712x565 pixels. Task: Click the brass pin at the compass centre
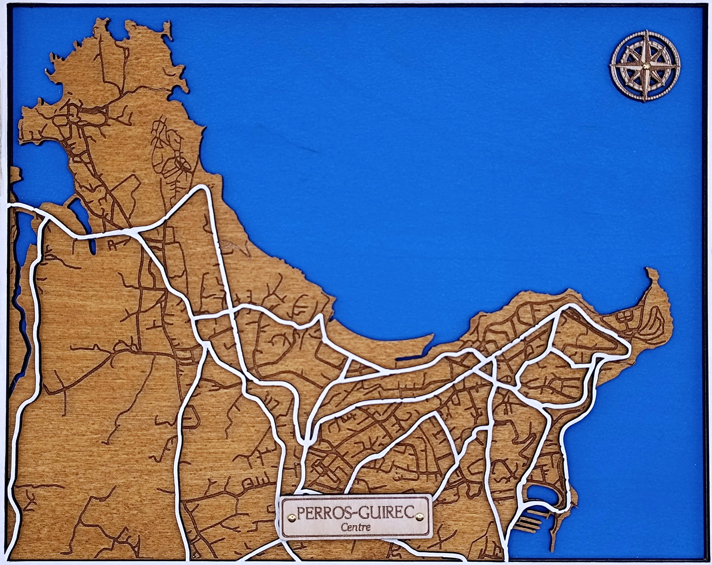[645, 66]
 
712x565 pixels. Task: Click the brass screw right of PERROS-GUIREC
[419, 516]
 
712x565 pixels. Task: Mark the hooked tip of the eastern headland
[651, 272]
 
